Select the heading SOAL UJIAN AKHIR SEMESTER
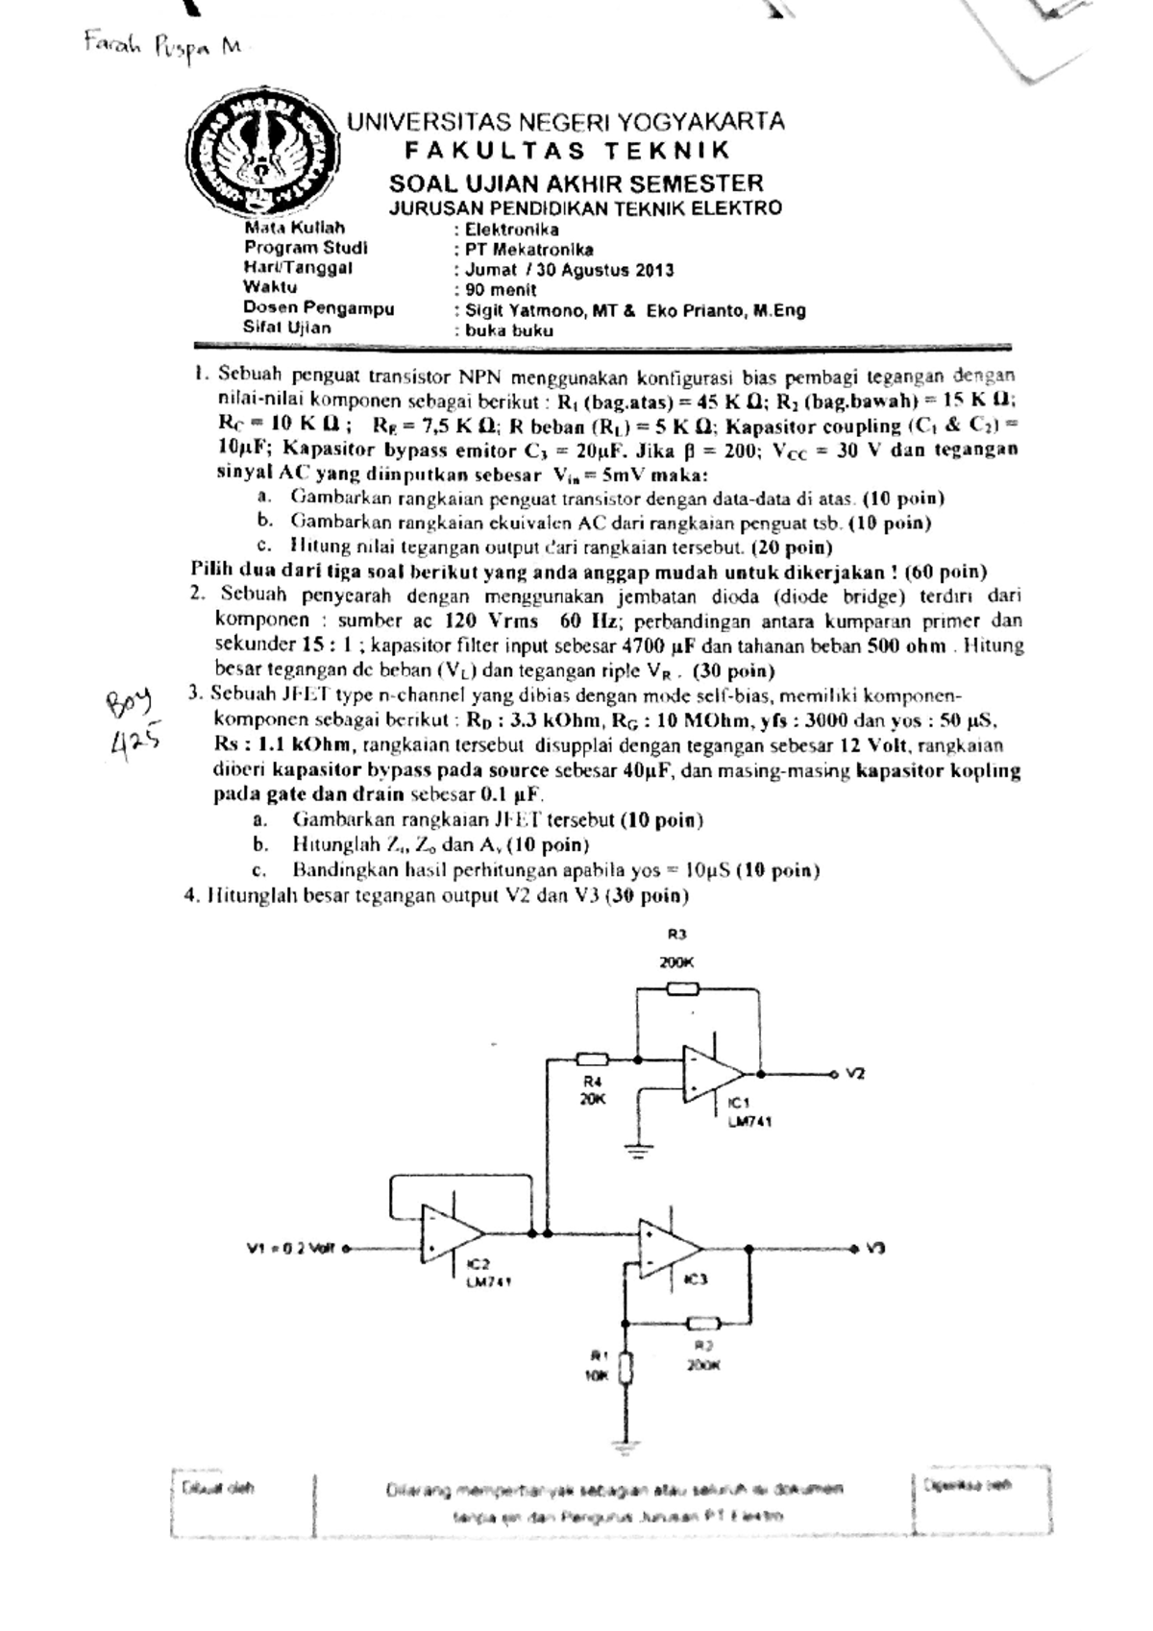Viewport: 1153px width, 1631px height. [576, 183]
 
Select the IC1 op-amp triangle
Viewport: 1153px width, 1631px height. [712, 1073]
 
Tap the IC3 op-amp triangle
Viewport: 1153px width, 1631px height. [671, 1247]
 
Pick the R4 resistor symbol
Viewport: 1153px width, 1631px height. [592, 1059]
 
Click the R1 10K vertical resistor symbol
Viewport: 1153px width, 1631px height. [626, 1368]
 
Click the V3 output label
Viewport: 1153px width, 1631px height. [874, 1249]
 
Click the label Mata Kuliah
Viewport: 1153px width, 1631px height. [294, 229]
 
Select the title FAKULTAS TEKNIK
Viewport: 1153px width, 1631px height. [567, 151]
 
